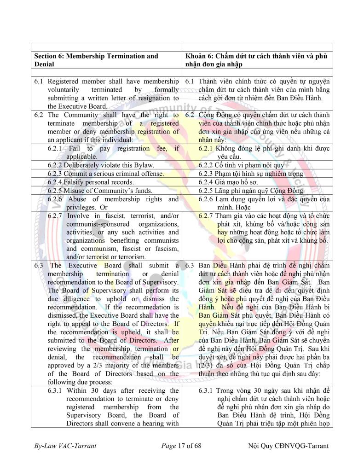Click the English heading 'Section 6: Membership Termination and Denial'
(x=96, y=60)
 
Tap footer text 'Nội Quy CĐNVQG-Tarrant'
(x=288, y=446)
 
